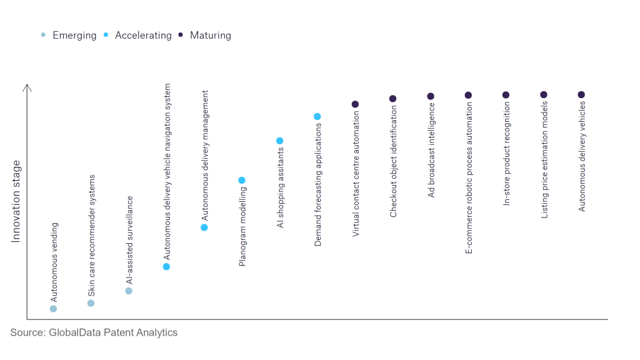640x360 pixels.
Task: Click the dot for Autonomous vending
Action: [54, 309]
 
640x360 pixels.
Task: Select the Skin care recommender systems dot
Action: [91, 303]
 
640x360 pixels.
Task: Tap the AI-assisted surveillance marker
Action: [129, 291]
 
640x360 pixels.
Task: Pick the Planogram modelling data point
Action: [242, 181]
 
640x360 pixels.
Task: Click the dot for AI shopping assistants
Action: [279, 141]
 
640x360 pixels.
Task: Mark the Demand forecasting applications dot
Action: [317, 117]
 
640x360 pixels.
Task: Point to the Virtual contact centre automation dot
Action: [355, 104]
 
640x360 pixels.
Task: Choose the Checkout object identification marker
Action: [392, 99]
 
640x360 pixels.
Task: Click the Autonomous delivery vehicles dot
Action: [581, 95]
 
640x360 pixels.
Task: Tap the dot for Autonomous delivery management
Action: [204, 227]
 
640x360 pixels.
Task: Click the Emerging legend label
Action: [75, 36]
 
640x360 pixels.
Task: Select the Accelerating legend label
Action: [143, 36]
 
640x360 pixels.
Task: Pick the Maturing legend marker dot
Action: [181, 35]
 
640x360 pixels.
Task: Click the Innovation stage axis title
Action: [16, 201]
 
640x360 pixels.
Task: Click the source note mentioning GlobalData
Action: [94, 332]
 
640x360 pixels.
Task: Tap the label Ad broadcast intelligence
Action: [431, 150]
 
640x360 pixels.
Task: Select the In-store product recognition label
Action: [506, 154]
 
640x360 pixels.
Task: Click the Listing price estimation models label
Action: [544, 160]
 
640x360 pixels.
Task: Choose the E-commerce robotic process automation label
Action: [469, 178]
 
